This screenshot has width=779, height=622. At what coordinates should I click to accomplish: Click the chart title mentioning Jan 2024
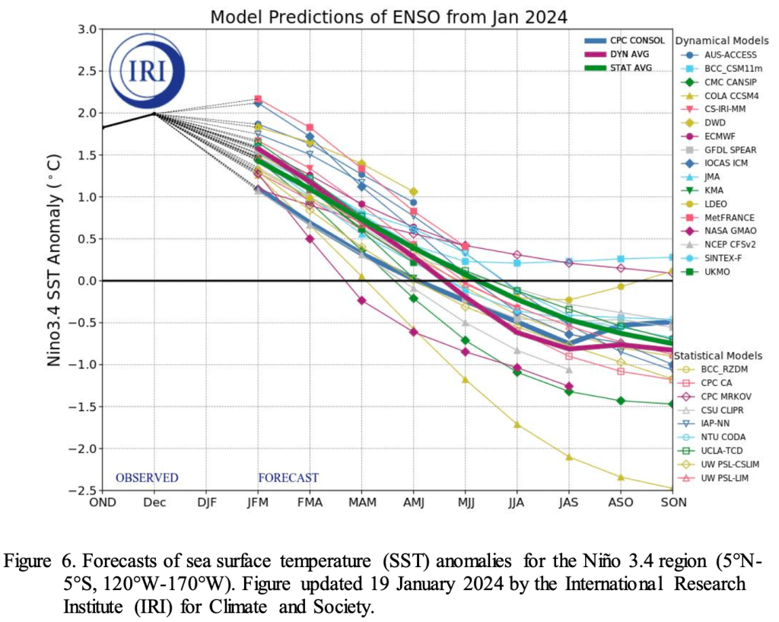(389, 15)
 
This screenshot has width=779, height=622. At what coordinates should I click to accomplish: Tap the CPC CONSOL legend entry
(636, 41)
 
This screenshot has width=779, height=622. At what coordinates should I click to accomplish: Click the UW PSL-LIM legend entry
(723, 477)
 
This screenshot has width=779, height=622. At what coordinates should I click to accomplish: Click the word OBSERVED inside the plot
(147, 478)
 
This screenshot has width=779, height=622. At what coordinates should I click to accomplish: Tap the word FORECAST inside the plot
(288, 478)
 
